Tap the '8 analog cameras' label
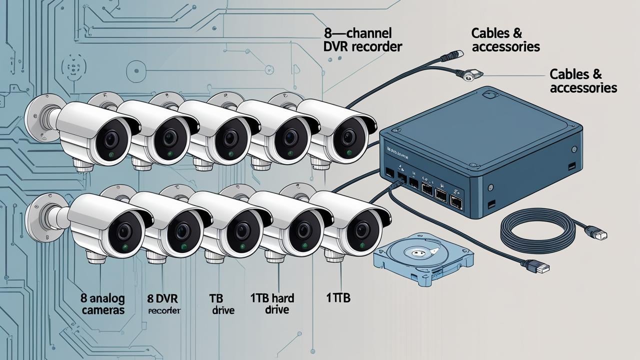pyautogui.click(x=102, y=304)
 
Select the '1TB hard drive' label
pyautogui.click(x=272, y=304)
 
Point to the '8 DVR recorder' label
pyautogui.click(x=164, y=304)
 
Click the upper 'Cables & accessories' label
pyautogui.click(x=505, y=40)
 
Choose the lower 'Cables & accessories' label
pyautogui.click(x=583, y=81)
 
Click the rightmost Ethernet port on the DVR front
pyautogui.click(x=456, y=201)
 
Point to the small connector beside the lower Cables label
pyautogui.click(x=470, y=75)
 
